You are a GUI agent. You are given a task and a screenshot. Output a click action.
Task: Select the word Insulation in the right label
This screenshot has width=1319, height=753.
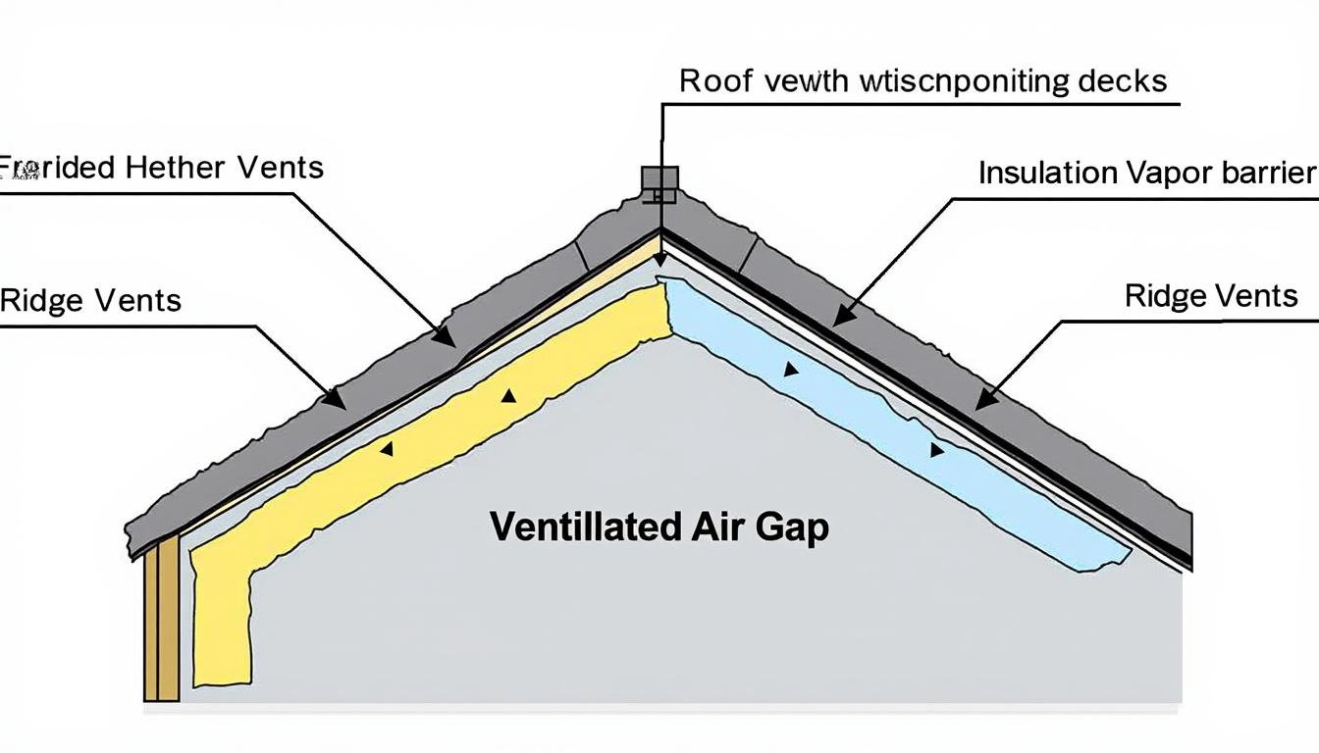(x=1047, y=173)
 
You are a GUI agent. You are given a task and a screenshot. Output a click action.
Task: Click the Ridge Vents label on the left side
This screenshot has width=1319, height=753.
(x=90, y=300)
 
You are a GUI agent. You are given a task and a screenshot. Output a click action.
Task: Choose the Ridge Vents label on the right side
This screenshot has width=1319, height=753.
(x=1211, y=295)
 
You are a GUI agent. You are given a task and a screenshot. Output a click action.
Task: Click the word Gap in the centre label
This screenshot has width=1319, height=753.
(x=792, y=528)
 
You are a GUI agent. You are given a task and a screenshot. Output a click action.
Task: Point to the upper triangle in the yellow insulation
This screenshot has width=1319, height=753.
(x=508, y=396)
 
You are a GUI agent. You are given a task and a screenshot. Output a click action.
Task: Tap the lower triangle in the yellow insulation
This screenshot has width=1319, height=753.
(x=387, y=449)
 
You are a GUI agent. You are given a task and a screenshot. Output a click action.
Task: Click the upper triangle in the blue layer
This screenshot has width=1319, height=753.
(x=790, y=371)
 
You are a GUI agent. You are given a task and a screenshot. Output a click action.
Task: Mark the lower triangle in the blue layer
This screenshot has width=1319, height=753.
(x=936, y=450)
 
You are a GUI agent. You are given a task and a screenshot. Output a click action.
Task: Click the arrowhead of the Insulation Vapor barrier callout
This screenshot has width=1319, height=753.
(x=841, y=316)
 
